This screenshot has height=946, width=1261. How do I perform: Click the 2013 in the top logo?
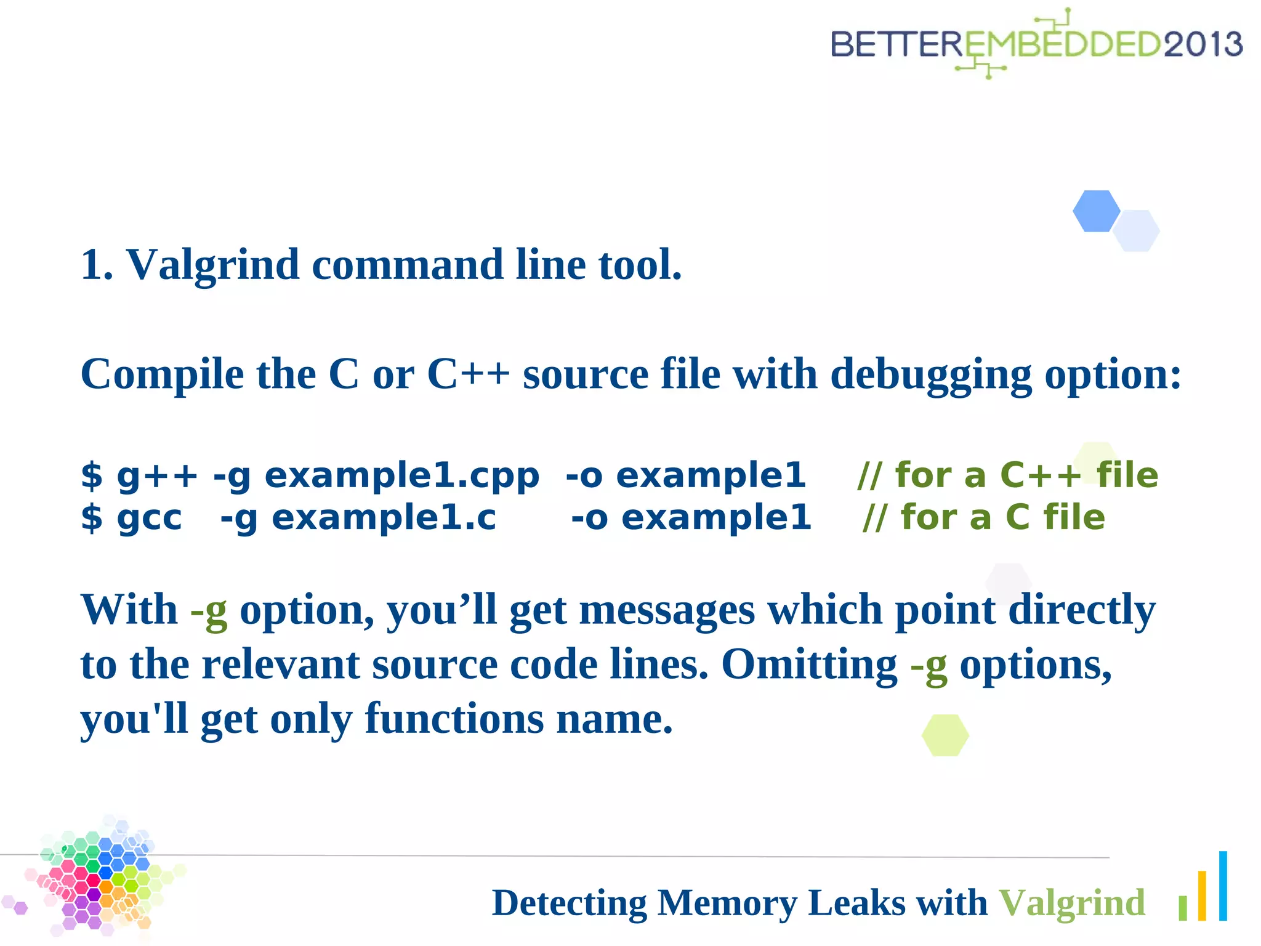click(1202, 44)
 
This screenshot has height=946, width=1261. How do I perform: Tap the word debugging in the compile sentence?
click(931, 374)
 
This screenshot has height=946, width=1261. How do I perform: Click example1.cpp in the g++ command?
click(401, 475)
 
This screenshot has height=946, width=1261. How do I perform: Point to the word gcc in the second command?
click(150, 517)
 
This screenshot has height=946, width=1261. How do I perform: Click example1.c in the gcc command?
click(384, 517)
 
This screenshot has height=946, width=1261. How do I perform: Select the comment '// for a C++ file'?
click(1007, 475)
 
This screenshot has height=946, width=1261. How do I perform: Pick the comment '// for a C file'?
click(983, 517)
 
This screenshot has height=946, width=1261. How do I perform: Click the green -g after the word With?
click(209, 610)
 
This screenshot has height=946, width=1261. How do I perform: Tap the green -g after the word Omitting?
click(929, 665)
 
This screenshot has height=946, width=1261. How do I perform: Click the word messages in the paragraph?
click(667, 610)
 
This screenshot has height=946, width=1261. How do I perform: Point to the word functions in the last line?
click(454, 719)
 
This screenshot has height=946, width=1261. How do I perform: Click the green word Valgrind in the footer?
click(1071, 903)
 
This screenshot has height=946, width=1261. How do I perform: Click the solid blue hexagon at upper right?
click(1096, 211)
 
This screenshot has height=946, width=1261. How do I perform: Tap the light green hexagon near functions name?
click(945, 735)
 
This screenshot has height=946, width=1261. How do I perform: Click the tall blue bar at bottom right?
click(1223, 886)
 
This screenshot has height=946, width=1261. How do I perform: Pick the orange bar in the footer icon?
click(1202, 895)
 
